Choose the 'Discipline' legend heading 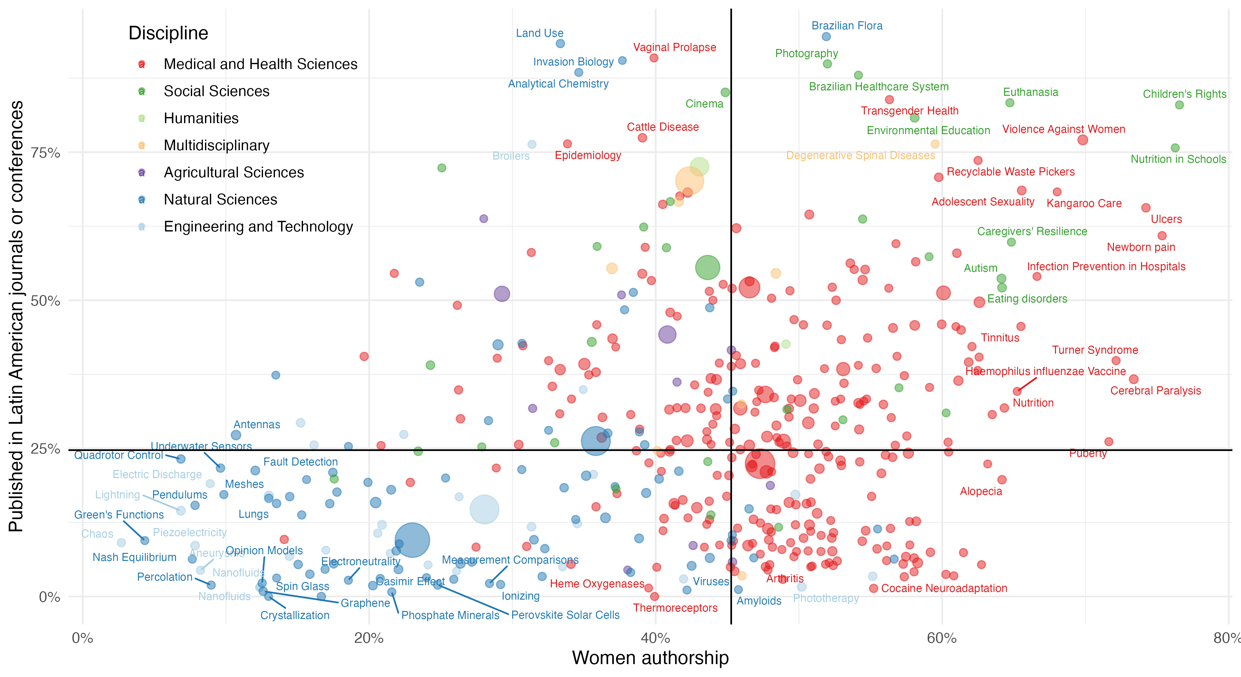(x=168, y=33)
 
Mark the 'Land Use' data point (x=560, y=44)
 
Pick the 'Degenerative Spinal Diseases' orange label (x=860, y=155)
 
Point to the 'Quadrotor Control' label (x=119, y=455)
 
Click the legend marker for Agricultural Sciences (x=142, y=172)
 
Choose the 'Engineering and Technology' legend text (x=258, y=226)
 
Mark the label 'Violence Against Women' (x=1063, y=129)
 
